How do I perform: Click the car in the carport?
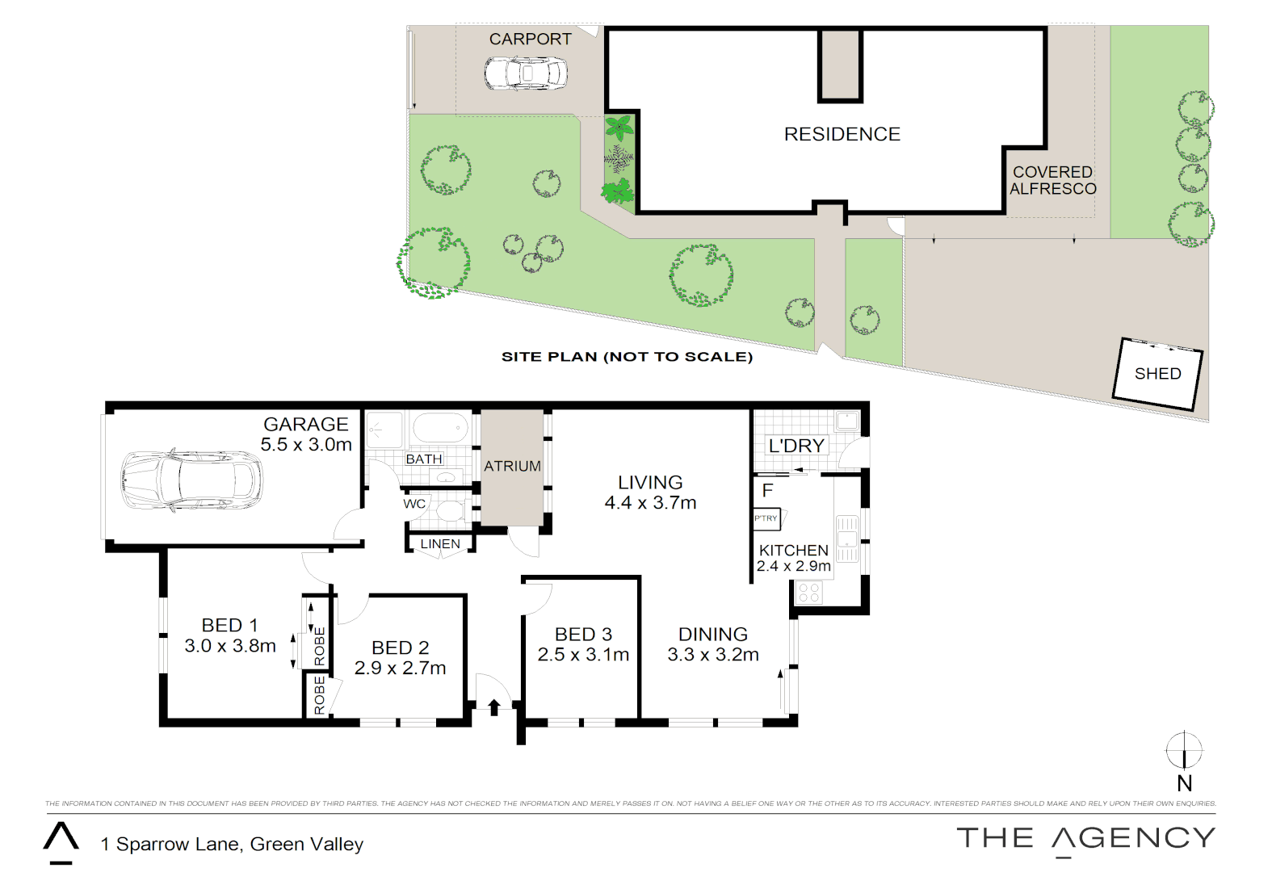click(x=526, y=73)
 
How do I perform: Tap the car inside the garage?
click(x=191, y=481)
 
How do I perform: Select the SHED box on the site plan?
click(x=1157, y=374)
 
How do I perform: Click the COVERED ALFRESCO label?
click(x=1053, y=181)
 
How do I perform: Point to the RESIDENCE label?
click(x=842, y=134)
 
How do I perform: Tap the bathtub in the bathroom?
click(x=440, y=428)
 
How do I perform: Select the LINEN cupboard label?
click(x=440, y=544)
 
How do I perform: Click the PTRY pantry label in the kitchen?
click(x=766, y=518)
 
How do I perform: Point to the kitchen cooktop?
click(x=808, y=593)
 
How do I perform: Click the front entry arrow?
click(x=494, y=707)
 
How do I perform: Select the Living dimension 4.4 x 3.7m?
click(x=650, y=503)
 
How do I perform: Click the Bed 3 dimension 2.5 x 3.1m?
click(x=583, y=655)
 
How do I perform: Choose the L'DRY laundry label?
click(x=796, y=446)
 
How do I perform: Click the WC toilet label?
click(x=414, y=504)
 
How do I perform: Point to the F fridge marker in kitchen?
click(x=767, y=490)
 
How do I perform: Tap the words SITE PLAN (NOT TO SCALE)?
click(x=627, y=357)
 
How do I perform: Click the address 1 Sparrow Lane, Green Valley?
click(x=232, y=845)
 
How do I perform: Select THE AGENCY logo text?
click(x=1085, y=838)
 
